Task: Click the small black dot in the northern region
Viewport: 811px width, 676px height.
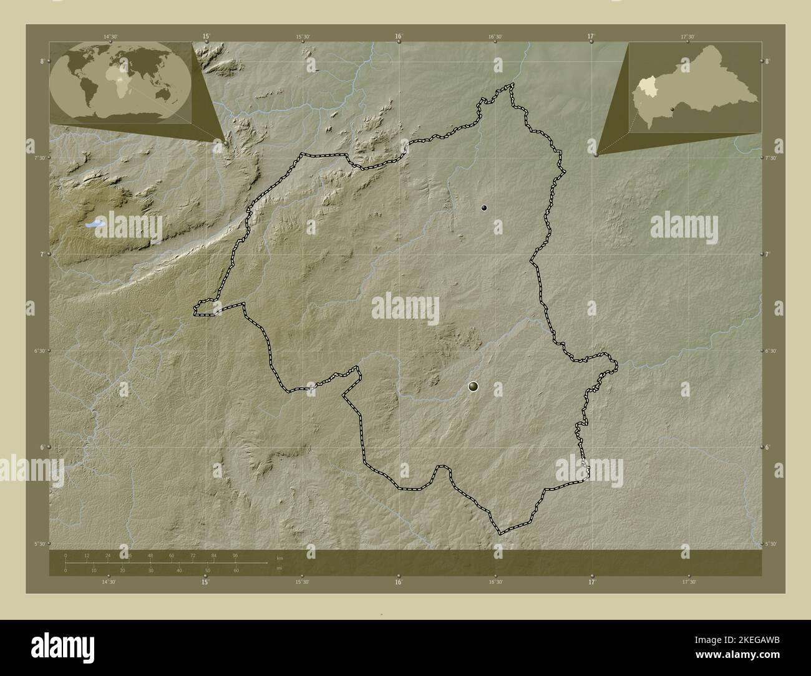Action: pos(484,208)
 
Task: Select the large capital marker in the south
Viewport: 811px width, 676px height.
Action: pos(473,387)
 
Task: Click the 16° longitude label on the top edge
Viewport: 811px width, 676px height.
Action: pos(399,36)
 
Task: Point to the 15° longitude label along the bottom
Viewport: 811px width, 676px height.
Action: pos(205,582)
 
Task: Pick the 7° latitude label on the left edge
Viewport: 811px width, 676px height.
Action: pos(42,254)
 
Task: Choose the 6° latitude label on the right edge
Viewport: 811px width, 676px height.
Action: pos(769,447)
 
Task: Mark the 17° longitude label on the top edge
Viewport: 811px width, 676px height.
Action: pos(591,36)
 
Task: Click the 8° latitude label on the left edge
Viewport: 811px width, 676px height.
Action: pos(42,61)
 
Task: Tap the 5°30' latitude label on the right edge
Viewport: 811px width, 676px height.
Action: pos(771,544)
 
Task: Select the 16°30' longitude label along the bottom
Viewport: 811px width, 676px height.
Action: pos(495,582)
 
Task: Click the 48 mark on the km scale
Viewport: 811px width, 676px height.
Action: pos(150,555)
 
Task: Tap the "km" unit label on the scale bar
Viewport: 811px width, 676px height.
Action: pos(279,558)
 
